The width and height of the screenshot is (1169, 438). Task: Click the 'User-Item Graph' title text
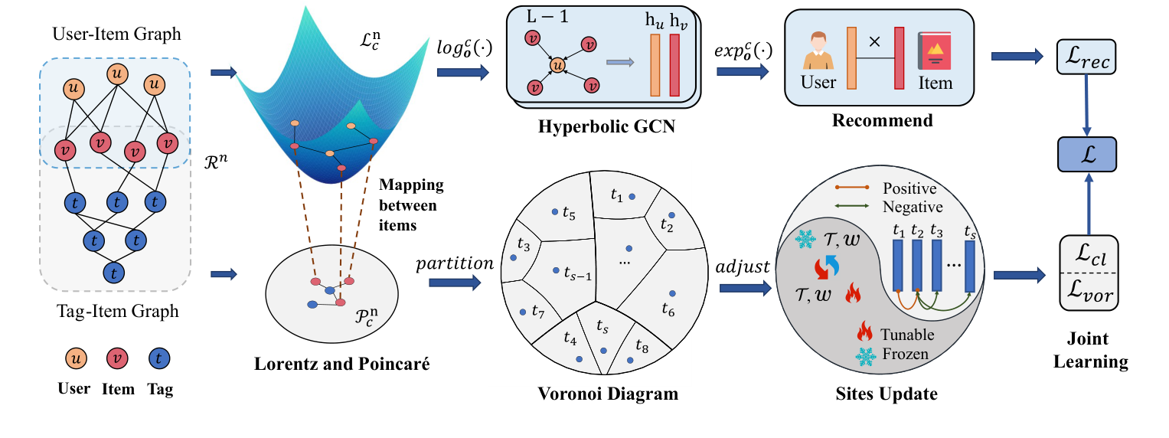click(116, 35)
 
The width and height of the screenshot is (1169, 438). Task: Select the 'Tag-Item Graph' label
click(116, 312)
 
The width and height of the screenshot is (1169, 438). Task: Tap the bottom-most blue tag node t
click(115, 272)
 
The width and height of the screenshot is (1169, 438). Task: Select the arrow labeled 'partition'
click(455, 283)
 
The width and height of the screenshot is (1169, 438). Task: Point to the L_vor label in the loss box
click(1086, 293)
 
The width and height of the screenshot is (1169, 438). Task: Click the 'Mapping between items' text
click(411, 206)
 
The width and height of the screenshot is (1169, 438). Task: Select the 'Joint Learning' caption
click(1086, 350)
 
